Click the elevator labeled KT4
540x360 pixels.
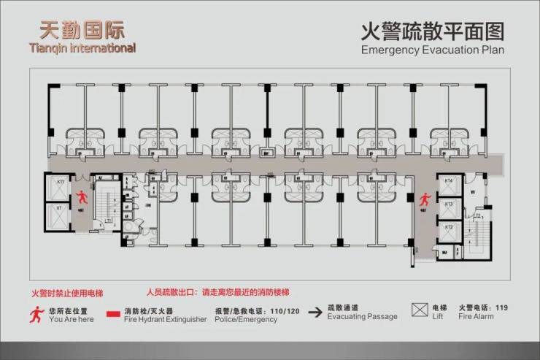pos(450,185)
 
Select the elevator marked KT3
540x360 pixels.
pos(450,208)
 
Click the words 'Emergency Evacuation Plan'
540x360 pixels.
pos(433,50)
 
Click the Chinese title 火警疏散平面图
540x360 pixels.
pos(433,31)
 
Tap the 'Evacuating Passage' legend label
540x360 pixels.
pos(362,317)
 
